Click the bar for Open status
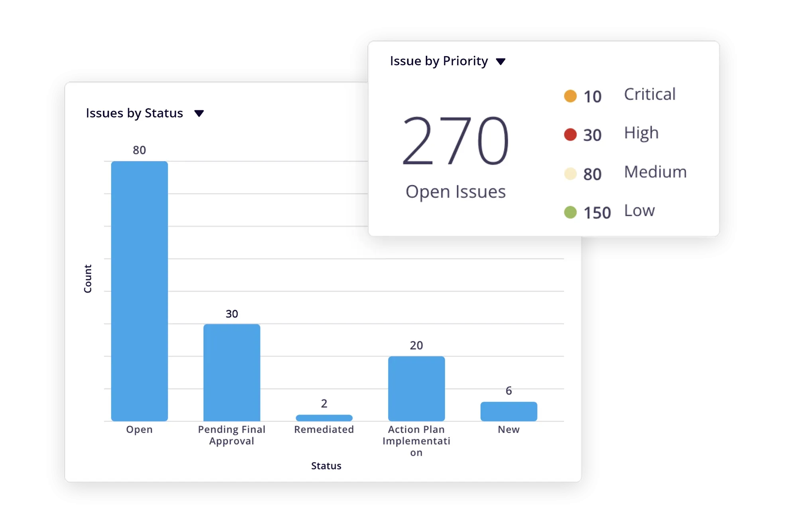pos(139,291)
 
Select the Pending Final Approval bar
pos(232,372)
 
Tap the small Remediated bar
pos(324,418)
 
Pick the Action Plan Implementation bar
pos(416,388)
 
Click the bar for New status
pos(508,411)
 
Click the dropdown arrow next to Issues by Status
pos(199,114)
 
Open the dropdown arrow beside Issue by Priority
pos(500,61)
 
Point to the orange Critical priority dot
pos(570,96)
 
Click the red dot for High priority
pos(570,135)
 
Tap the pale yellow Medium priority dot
pos(570,174)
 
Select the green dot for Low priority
pos(570,212)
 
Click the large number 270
pos(455,140)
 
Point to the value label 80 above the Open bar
pos(139,150)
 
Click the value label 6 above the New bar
pos(508,391)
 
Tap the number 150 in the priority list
pos(597,213)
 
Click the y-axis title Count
pos(88,278)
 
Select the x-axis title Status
pos(326,466)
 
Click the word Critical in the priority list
pos(650,94)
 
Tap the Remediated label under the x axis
pos(324,429)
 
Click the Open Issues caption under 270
pos(455,192)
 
